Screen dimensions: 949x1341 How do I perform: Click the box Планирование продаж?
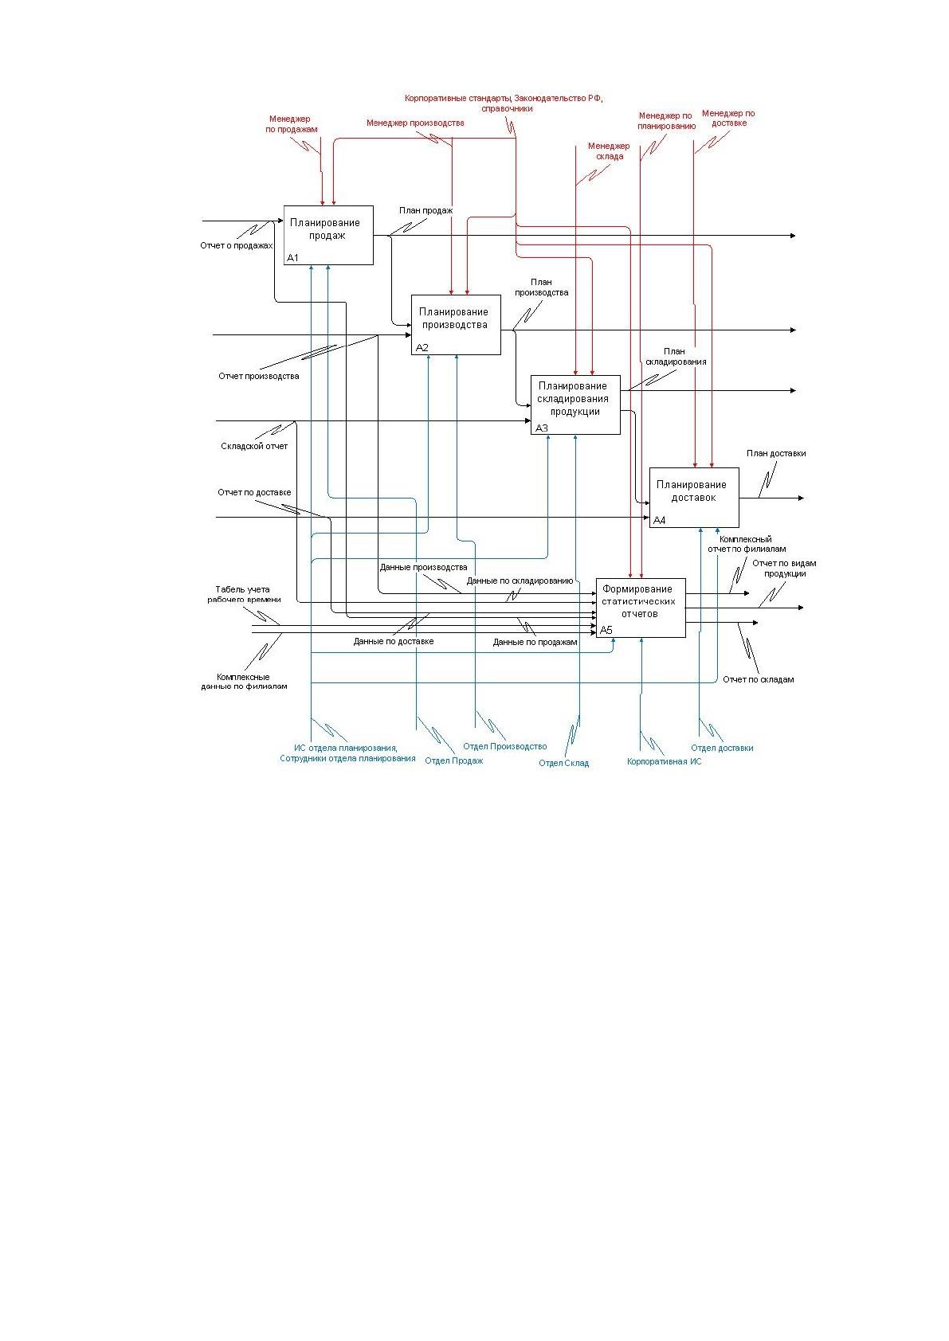tap(328, 235)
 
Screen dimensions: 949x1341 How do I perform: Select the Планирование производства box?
tap(456, 324)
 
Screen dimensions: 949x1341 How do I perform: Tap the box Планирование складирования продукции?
tap(575, 405)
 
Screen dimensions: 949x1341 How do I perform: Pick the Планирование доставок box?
tap(694, 498)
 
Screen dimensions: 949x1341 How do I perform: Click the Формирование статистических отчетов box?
tap(641, 608)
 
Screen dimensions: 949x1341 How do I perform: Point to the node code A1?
tap(292, 258)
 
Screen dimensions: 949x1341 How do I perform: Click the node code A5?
tap(606, 630)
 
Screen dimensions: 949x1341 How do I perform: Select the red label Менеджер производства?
tap(415, 123)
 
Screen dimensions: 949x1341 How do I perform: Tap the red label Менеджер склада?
tap(610, 151)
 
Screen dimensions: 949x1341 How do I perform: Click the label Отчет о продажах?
tap(236, 245)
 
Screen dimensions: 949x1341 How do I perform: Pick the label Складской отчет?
tap(254, 446)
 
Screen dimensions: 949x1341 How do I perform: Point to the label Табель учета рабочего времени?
tap(243, 595)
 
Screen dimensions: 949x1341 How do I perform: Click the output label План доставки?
tap(776, 453)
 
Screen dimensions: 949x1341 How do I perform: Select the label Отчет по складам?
tap(758, 679)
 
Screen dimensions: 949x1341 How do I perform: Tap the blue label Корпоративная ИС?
tap(664, 761)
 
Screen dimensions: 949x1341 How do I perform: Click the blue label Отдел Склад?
tap(564, 764)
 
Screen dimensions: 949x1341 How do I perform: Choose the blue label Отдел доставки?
tap(722, 748)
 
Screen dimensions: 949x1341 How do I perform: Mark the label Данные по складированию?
tap(520, 581)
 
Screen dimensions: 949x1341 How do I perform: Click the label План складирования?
tap(675, 357)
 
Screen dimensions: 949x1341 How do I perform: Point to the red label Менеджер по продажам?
tap(291, 124)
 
